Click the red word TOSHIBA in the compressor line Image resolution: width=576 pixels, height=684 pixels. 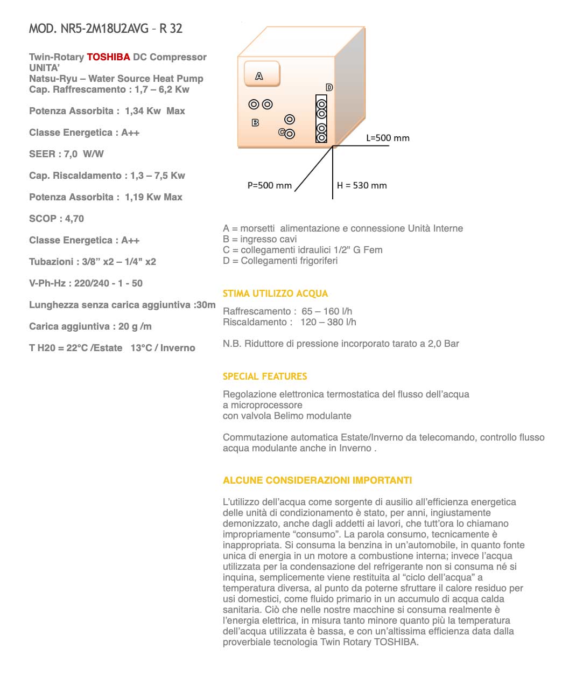pyautogui.click(x=108, y=57)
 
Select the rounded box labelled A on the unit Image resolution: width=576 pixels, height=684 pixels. pyautogui.click(x=262, y=74)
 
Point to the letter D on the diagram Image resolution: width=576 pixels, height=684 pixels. pyautogui.click(x=329, y=87)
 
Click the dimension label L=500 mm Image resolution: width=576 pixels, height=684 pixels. pyautogui.click(x=388, y=138)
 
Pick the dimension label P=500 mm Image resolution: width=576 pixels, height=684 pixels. pyautogui.click(x=269, y=185)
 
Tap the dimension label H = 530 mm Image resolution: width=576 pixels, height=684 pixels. pyautogui.click(x=362, y=185)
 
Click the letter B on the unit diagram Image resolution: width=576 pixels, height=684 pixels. pyautogui.click(x=255, y=123)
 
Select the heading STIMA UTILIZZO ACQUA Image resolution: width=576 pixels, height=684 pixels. pyautogui.click(x=275, y=294)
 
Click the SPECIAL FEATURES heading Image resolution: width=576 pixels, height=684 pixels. pyautogui.click(x=265, y=376)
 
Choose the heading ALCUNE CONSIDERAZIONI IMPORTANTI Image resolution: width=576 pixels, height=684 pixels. pyautogui.click(x=317, y=480)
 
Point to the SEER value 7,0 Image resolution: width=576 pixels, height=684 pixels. pyautogui.click(x=71, y=154)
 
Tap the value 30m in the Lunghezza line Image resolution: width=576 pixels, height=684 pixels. pyautogui.click(x=205, y=305)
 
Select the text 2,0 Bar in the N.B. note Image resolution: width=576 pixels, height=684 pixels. pyautogui.click(x=443, y=344)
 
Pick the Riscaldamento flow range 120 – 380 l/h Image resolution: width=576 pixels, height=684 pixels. pyautogui.click(x=328, y=322)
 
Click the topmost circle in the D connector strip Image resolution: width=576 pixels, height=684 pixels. pyautogui.click(x=321, y=104)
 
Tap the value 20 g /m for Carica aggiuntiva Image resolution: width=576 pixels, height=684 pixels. pyautogui.click(x=135, y=326)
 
